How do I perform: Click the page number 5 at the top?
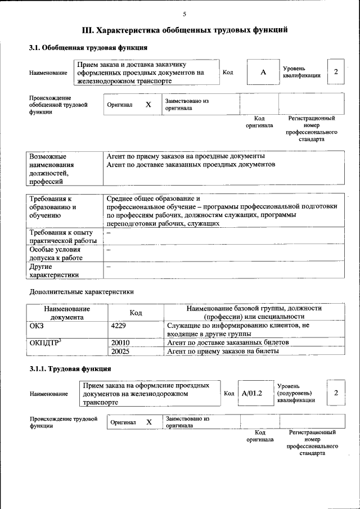point(184,13)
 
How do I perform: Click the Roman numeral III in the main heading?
point(88,29)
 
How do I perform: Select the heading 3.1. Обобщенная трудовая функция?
point(88,48)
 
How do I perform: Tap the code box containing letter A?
point(262,73)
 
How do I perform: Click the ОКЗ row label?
point(37,326)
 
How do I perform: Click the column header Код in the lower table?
point(136,313)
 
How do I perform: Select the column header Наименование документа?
point(67,313)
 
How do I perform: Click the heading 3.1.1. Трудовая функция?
point(70,369)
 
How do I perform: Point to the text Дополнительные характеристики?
point(81,292)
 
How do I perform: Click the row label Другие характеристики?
point(54,271)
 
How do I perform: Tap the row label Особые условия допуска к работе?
point(56,253)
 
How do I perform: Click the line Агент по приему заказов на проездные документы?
point(186,156)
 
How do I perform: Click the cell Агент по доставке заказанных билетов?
point(228,342)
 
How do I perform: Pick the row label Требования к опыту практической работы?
point(63,236)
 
